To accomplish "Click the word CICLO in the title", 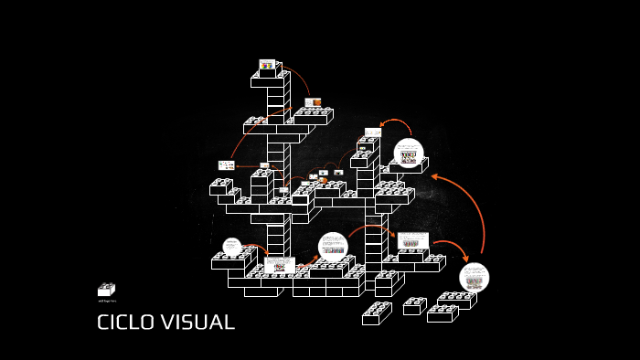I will (127, 323).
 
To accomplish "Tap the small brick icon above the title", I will (106, 290).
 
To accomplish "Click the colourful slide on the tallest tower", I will (267, 65).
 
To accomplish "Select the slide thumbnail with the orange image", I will (313, 102).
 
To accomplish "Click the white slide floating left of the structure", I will (226, 165).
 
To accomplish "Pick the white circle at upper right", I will (408, 153).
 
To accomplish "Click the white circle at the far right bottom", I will (474, 277).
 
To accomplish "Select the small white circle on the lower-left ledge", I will (232, 247).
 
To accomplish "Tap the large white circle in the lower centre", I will (333, 247).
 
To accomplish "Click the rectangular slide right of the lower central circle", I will (412, 241).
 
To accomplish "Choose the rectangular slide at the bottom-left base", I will (280, 265).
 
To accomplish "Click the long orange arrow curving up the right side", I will (476, 210).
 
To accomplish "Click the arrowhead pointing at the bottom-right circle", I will (464, 258).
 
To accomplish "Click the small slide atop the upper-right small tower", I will (372, 132).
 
